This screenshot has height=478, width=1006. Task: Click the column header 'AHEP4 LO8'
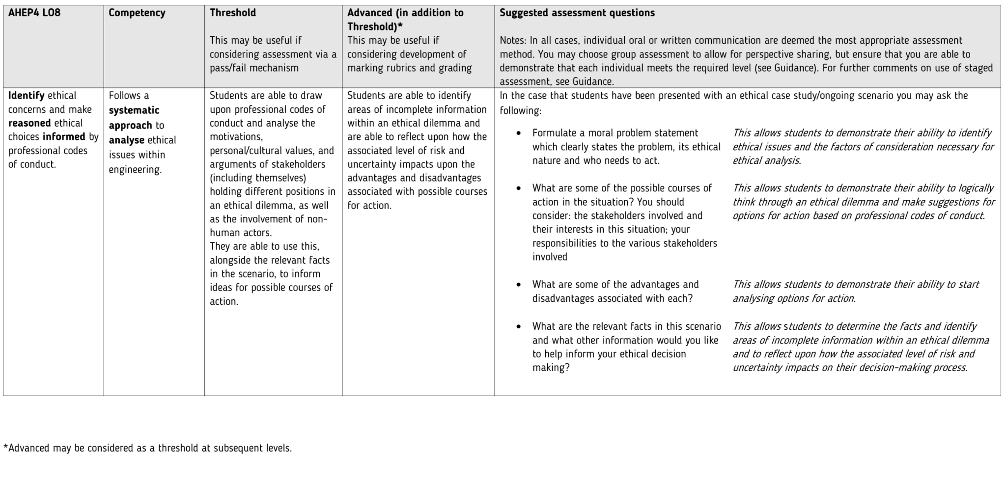34,13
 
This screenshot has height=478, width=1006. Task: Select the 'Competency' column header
137,13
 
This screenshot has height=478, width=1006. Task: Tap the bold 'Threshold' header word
233,13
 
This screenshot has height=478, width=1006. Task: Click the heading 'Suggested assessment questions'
577,13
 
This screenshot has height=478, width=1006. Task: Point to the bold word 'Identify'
26,95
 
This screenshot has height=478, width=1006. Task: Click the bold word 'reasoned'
29,123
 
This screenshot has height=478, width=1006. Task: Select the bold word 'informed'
64,136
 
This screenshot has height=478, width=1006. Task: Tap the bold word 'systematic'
134,110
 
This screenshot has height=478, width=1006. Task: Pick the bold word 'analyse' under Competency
127,140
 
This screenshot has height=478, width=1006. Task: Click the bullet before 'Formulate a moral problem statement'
519,133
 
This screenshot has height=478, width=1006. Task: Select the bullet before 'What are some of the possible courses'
519,188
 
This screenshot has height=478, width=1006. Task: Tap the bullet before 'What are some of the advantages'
519,285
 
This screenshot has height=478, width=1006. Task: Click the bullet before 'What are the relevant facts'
519,327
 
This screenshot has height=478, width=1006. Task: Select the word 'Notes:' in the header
513,40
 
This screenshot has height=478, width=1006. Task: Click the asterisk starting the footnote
6,447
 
